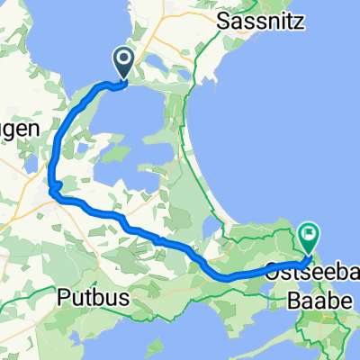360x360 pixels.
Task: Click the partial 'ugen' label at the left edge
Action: pyautogui.click(x=18, y=130)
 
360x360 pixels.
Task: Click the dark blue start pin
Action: pyautogui.click(x=123, y=64)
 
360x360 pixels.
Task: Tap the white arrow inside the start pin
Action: pyautogui.click(x=123, y=61)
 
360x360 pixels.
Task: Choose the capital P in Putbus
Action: pyautogui.click(x=62, y=295)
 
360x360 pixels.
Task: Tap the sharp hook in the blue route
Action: pyautogui.click(x=53, y=188)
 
